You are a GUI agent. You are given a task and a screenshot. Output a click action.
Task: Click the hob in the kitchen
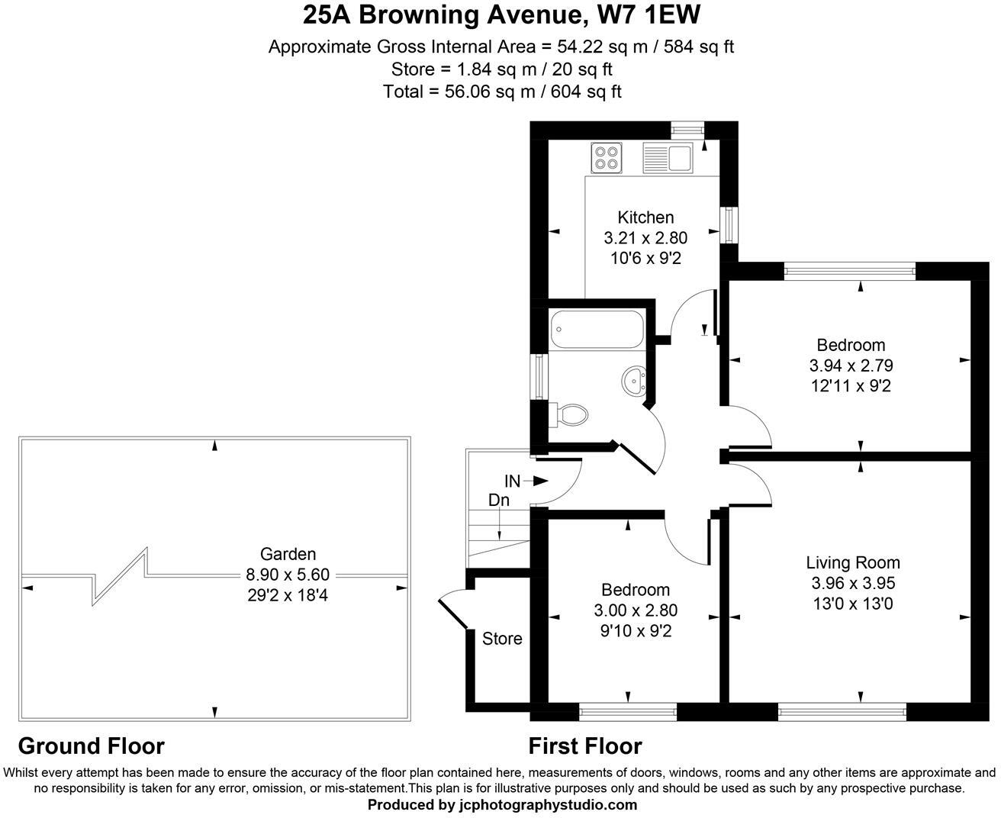[606, 158]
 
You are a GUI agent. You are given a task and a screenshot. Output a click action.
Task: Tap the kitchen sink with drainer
[668, 158]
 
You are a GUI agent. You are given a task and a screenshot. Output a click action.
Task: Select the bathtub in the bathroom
[597, 329]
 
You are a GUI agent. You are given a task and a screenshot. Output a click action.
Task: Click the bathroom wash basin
[633, 381]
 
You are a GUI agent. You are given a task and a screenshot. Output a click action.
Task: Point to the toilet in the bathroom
[568, 416]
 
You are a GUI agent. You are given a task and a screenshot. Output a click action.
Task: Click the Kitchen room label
[645, 217]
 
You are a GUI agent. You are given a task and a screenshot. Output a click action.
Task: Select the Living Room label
[853, 562]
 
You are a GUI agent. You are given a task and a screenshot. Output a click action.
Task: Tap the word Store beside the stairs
[502, 639]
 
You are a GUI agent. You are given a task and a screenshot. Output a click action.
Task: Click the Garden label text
[288, 554]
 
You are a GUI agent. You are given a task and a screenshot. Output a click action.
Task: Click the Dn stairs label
[499, 500]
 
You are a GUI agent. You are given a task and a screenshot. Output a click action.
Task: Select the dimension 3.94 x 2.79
[851, 366]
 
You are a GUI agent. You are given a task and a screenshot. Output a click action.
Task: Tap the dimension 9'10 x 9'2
[636, 631]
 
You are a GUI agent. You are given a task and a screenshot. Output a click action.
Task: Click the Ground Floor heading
[91, 746]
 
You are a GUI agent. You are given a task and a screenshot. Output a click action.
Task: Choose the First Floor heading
[585, 746]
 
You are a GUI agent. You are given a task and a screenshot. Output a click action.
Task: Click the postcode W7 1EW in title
[649, 15]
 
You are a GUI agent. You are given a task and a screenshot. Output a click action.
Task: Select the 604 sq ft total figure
[586, 91]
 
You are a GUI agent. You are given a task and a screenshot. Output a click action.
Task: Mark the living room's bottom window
[842, 712]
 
